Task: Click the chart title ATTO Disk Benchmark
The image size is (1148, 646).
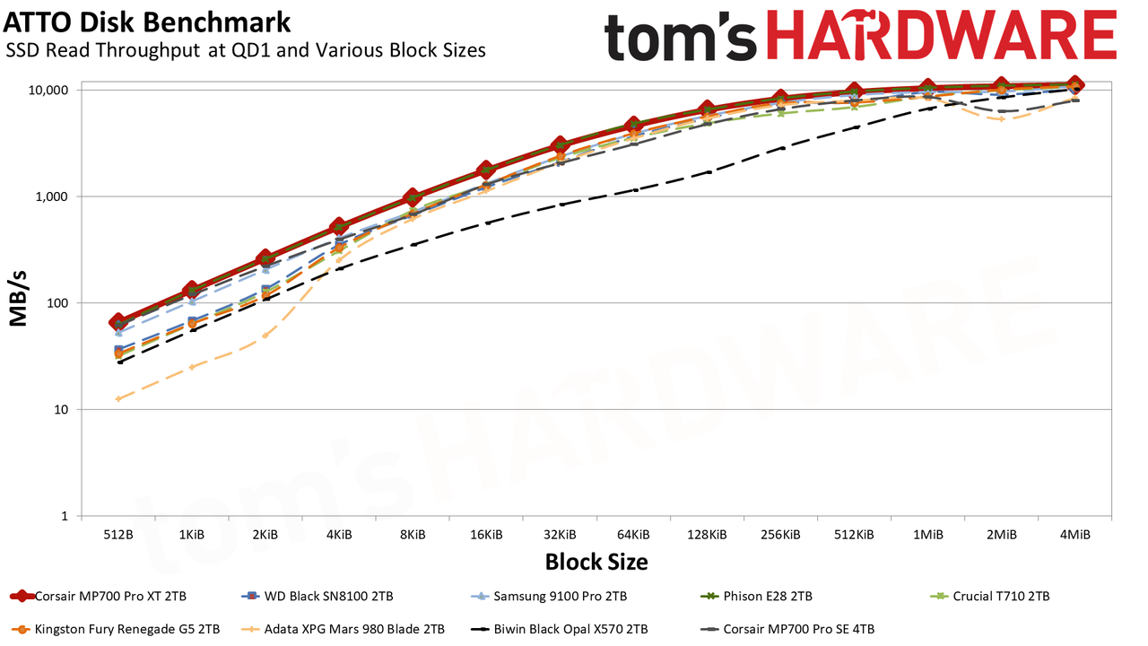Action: tap(146, 23)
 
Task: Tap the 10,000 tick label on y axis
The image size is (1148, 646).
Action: tap(48, 91)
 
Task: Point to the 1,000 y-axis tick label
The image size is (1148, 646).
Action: tap(52, 196)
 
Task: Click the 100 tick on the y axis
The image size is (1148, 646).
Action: tap(57, 303)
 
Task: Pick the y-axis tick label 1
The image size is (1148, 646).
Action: tap(65, 516)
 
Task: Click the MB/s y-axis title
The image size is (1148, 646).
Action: tap(18, 299)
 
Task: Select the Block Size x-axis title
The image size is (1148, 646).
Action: tap(596, 562)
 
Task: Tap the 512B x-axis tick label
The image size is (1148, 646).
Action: tap(118, 535)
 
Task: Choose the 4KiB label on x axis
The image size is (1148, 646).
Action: tap(339, 535)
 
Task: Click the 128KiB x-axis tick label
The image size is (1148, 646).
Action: tap(707, 535)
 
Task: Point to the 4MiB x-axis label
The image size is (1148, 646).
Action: tap(1074, 535)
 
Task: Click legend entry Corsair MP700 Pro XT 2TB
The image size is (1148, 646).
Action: tap(99, 597)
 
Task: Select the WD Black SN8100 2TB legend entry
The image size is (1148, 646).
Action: tap(317, 597)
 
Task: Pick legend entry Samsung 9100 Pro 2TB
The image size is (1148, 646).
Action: tap(548, 597)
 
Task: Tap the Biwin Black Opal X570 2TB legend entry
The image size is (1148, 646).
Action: tap(559, 629)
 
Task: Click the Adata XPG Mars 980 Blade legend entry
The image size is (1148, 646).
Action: tap(343, 629)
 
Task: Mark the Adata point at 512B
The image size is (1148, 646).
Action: tap(118, 399)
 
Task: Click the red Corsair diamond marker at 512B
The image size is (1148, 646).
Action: tap(118, 322)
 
